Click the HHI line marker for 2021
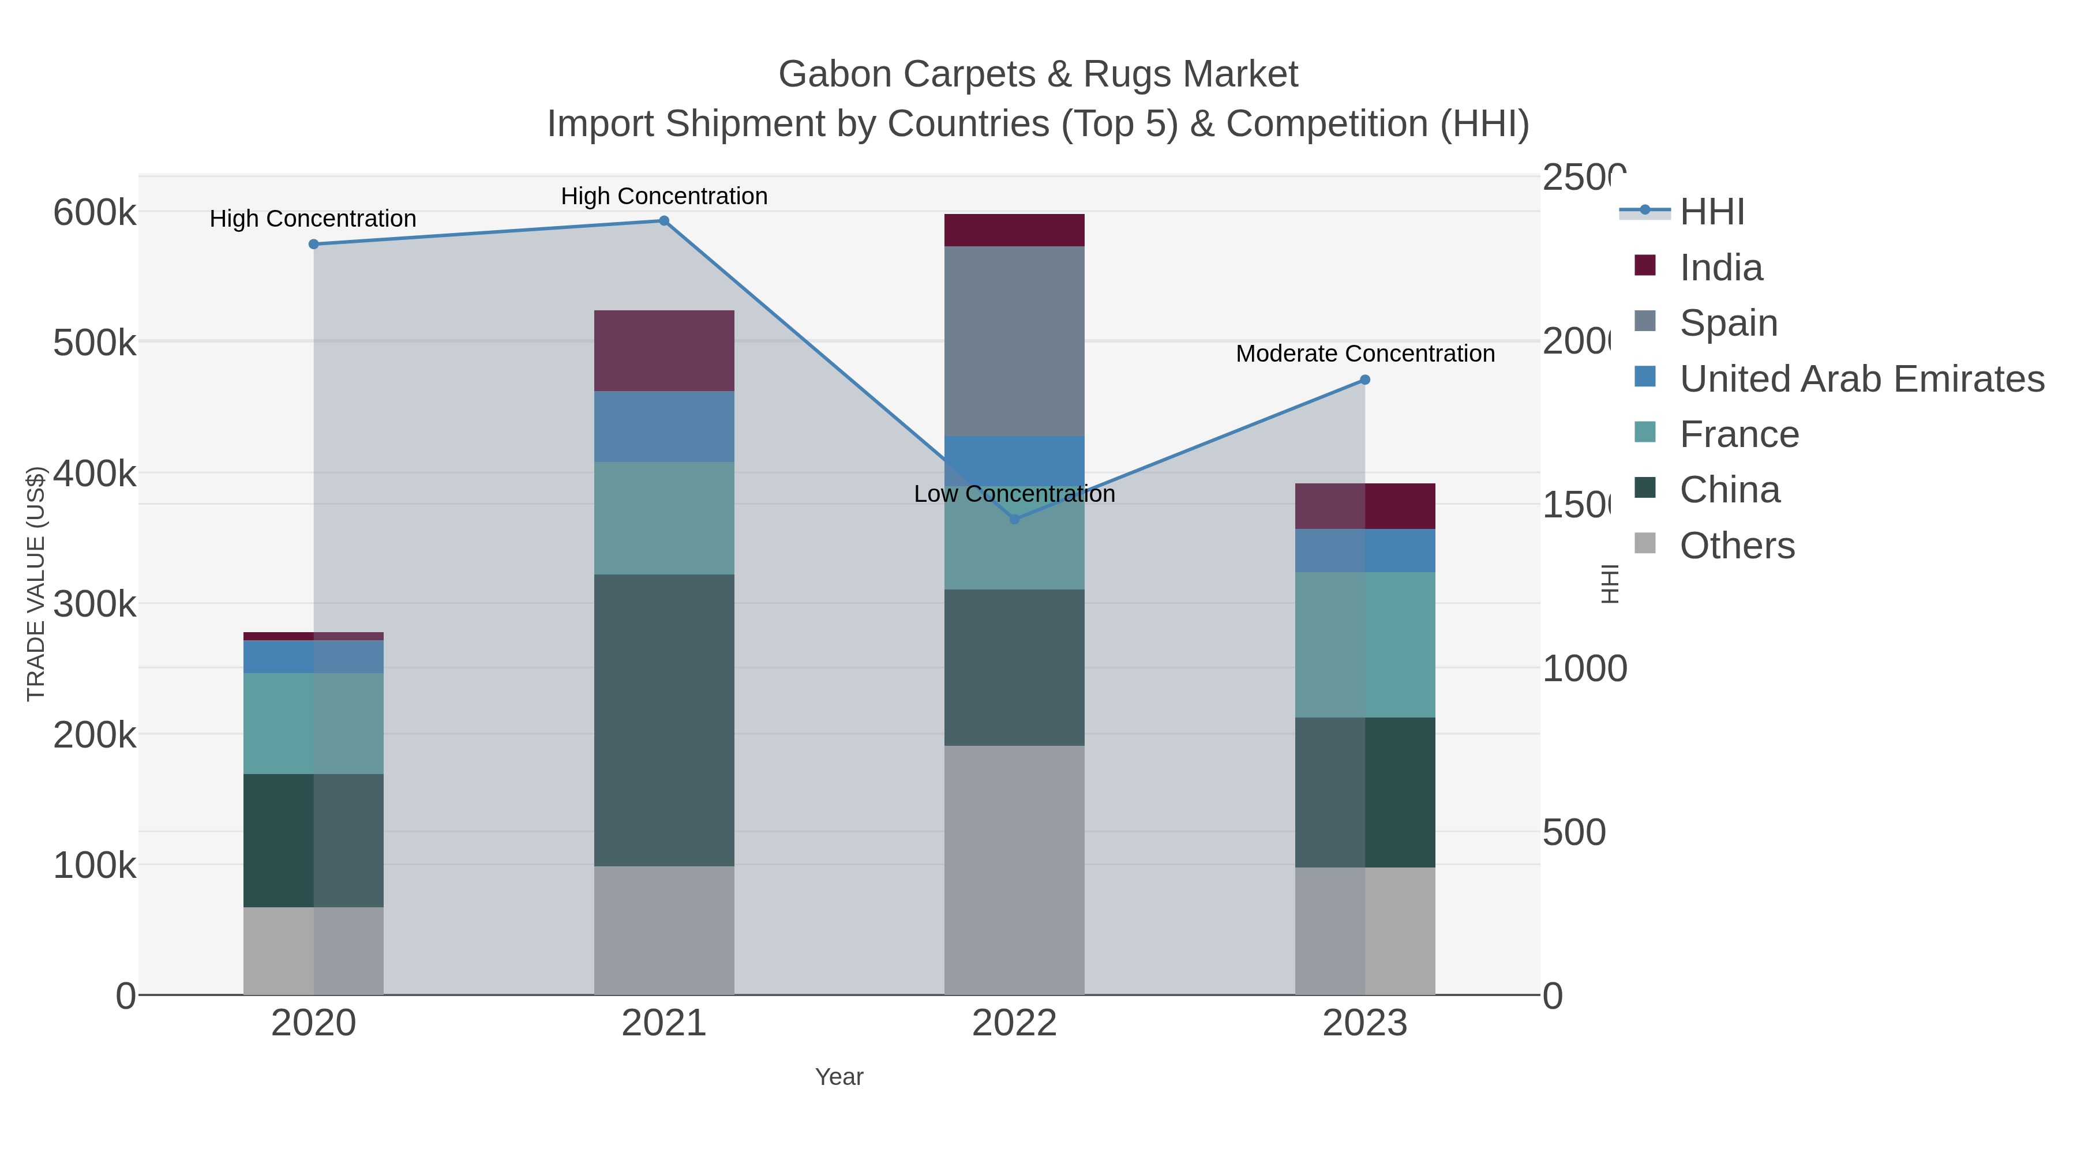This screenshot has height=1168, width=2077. [x=663, y=221]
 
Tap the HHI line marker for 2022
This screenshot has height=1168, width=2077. [x=1014, y=520]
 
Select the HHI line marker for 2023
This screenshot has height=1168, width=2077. [x=1364, y=380]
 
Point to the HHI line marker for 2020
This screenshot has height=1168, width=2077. [x=314, y=244]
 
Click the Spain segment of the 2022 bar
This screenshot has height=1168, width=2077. [x=1014, y=341]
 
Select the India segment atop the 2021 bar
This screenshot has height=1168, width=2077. [x=663, y=351]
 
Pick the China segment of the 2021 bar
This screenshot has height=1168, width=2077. [x=663, y=720]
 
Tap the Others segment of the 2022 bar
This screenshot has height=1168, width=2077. [x=1014, y=870]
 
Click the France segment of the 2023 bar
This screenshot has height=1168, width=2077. [x=1364, y=645]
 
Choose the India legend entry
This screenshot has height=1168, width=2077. [x=1720, y=268]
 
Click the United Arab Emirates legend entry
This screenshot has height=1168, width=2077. [x=1862, y=379]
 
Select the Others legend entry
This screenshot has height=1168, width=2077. [x=1737, y=546]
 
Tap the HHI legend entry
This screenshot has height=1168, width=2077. [x=1711, y=212]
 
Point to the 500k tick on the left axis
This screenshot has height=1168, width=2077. [x=95, y=343]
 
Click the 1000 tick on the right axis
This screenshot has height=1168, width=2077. [x=1584, y=669]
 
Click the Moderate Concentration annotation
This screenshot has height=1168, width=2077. [x=1364, y=354]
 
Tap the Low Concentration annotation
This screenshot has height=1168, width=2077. [x=1014, y=494]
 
